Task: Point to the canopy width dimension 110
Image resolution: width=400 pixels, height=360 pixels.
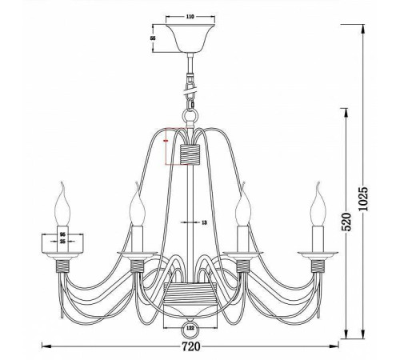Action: [190, 15]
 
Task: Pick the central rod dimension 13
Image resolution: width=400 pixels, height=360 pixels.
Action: [203, 222]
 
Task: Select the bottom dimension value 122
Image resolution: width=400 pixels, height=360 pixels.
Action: [190, 329]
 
